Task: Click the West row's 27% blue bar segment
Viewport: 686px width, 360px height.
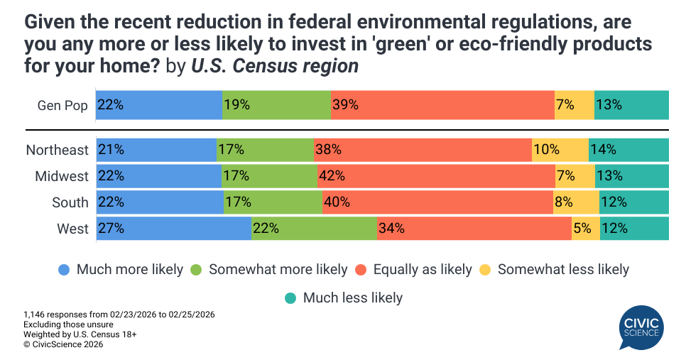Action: pyautogui.click(x=173, y=229)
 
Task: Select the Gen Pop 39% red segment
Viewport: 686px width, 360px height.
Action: pyautogui.click(x=442, y=105)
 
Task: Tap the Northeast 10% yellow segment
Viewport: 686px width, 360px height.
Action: pyautogui.click(x=560, y=150)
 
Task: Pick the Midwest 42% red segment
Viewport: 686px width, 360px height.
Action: pyautogui.click(x=436, y=176)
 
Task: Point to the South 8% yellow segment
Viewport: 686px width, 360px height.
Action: pyautogui.click(x=576, y=202)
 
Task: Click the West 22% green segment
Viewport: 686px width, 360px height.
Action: pyautogui.click(x=314, y=229)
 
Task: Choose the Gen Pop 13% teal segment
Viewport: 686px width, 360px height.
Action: pyautogui.click(x=631, y=105)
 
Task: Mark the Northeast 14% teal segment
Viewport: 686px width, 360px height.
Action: pyautogui.click(x=628, y=150)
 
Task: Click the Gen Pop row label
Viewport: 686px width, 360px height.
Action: pyautogui.click(x=62, y=106)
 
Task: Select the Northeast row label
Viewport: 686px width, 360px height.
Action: pyautogui.click(x=58, y=150)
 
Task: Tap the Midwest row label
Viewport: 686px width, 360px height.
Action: pyautogui.click(x=62, y=176)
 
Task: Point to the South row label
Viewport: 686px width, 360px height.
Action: pyautogui.click(x=70, y=202)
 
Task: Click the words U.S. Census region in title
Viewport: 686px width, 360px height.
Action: pyautogui.click(x=275, y=67)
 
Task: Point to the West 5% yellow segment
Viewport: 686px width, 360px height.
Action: pyautogui.click(x=586, y=229)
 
